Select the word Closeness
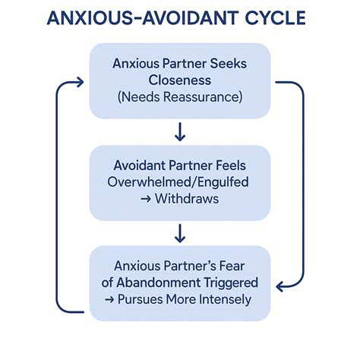coord(180,81)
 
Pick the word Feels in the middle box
coord(232,164)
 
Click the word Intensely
coord(221,298)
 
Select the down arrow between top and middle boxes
coord(179,132)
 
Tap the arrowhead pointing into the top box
coord(81,77)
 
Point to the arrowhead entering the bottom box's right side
coord(279,286)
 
